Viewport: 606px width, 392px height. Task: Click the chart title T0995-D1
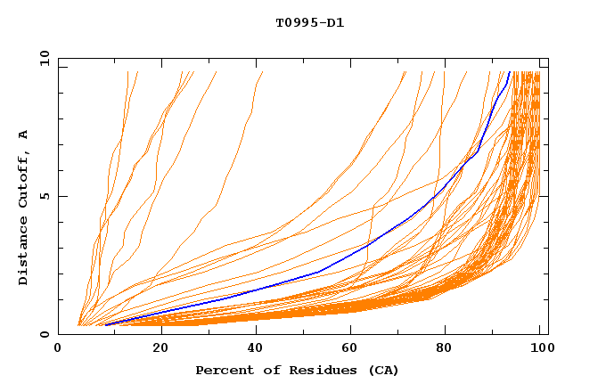click(309, 22)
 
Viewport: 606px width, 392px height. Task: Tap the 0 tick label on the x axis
click(59, 348)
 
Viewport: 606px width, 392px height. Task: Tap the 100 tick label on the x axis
click(541, 348)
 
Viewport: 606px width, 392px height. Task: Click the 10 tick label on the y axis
click(45, 59)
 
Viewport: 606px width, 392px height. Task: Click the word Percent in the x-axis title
click(223, 370)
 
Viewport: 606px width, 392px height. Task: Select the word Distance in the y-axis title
click(24, 249)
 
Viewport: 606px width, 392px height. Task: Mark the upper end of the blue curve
click(510, 72)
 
